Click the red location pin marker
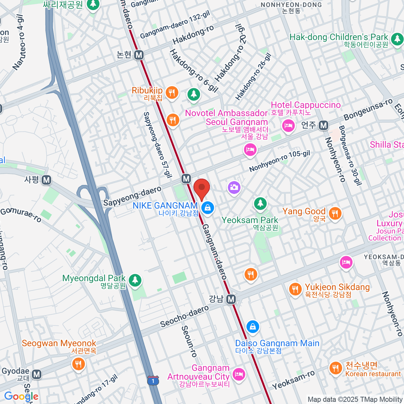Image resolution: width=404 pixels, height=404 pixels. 202,188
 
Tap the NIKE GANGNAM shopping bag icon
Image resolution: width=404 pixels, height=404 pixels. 208,207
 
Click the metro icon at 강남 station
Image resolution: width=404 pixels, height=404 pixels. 231,299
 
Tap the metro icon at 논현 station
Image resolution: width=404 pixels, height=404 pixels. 139,55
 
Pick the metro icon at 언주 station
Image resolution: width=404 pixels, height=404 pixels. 324,126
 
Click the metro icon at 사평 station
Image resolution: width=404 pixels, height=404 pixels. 46,180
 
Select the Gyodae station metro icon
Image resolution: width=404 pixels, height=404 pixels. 37,374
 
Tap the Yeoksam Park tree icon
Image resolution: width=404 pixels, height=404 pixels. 260,203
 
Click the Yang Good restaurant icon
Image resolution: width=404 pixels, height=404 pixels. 335,213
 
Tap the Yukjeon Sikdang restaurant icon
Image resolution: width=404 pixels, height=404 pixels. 295,289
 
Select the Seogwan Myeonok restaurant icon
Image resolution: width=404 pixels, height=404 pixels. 78,364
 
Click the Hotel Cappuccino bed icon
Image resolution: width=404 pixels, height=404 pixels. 288,126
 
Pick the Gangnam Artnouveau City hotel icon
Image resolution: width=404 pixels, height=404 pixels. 239,374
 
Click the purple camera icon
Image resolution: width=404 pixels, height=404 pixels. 234,187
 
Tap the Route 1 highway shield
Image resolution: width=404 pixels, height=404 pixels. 153,381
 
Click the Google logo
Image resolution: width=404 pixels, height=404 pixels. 21,397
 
